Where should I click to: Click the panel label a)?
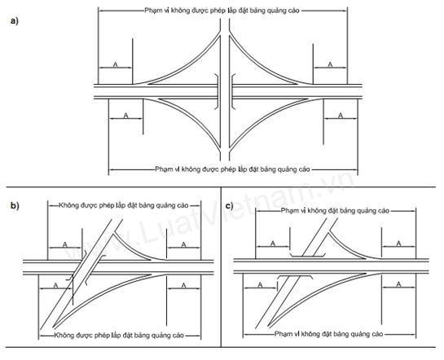coord(14,21)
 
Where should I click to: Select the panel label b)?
coord(15,205)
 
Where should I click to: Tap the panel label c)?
coord(230,205)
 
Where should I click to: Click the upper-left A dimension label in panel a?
coord(115,65)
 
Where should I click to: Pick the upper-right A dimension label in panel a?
coord(330,65)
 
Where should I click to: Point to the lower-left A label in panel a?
coord(126,116)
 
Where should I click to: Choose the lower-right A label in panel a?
coord(341,116)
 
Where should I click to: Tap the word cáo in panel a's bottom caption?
coord(304,169)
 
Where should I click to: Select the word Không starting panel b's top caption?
coord(68,205)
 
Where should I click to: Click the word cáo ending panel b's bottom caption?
coord(178,336)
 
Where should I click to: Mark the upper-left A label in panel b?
coord(65,244)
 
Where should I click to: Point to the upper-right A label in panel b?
coord(183,244)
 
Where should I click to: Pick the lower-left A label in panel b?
coord(55,286)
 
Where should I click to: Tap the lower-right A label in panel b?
coord(183,286)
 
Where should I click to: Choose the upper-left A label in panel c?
coord(273,244)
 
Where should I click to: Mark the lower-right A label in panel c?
coord(398,284)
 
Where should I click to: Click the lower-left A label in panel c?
coord(260,285)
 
